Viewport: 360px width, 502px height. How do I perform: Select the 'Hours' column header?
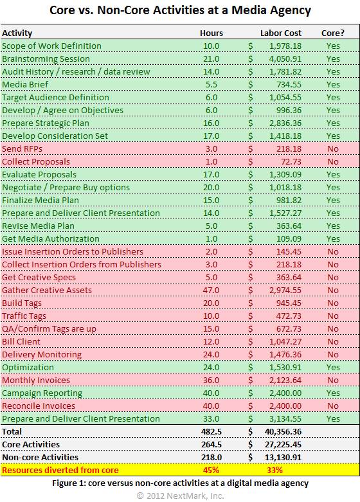pos(212,33)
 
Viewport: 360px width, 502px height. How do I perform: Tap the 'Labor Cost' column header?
pos(280,33)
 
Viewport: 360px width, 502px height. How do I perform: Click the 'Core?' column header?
pos(332,33)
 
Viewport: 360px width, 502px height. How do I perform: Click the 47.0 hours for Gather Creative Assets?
pos(211,290)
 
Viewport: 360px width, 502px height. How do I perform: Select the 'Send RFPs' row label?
pos(22,148)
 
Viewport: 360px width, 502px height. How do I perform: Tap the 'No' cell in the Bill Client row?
pos(332,341)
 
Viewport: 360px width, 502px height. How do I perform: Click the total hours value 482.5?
pos(211,431)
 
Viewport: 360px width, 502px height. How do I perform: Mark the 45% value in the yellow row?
pos(211,470)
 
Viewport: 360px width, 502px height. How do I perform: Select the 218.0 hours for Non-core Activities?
pos(211,457)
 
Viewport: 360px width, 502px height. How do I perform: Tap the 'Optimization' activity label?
pos(28,367)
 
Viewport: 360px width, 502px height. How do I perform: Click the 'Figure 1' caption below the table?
pos(180,483)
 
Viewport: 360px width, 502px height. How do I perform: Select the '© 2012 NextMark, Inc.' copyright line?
pos(180,495)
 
